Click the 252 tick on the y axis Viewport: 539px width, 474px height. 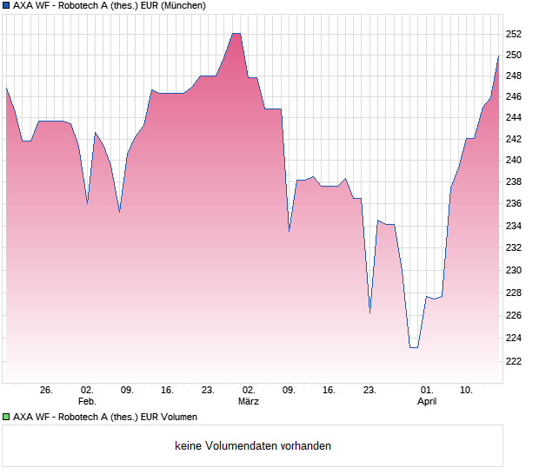pyautogui.click(x=514, y=35)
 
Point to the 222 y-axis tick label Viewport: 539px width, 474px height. pyautogui.click(x=514, y=361)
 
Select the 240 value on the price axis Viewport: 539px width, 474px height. pyautogui.click(x=514, y=161)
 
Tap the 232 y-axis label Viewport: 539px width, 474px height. pyautogui.click(x=514, y=248)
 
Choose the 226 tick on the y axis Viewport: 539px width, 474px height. pyautogui.click(x=514, y=315)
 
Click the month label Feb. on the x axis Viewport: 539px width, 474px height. pyautogui.click(x=87, y=402)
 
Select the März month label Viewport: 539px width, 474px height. pyautogui.click(x=248, y=402)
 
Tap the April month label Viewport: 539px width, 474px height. pyautogui.click(x=427, y=402)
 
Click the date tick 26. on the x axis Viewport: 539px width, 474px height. pyautogui.click(x=46, y=391)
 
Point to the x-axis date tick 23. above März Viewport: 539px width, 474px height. pyautogui.click(x=208, y=391)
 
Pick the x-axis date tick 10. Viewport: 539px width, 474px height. pyautogui.click(x=467, y=391)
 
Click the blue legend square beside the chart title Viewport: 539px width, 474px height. pyautogui.click(x=6, y=5)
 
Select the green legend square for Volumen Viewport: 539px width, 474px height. pyautogui.click(x=6, y=417)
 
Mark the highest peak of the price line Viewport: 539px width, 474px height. pyautogui.click(x=236, y=33)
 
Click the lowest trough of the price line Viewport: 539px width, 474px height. pyautogui.click(x=413, y=347)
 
